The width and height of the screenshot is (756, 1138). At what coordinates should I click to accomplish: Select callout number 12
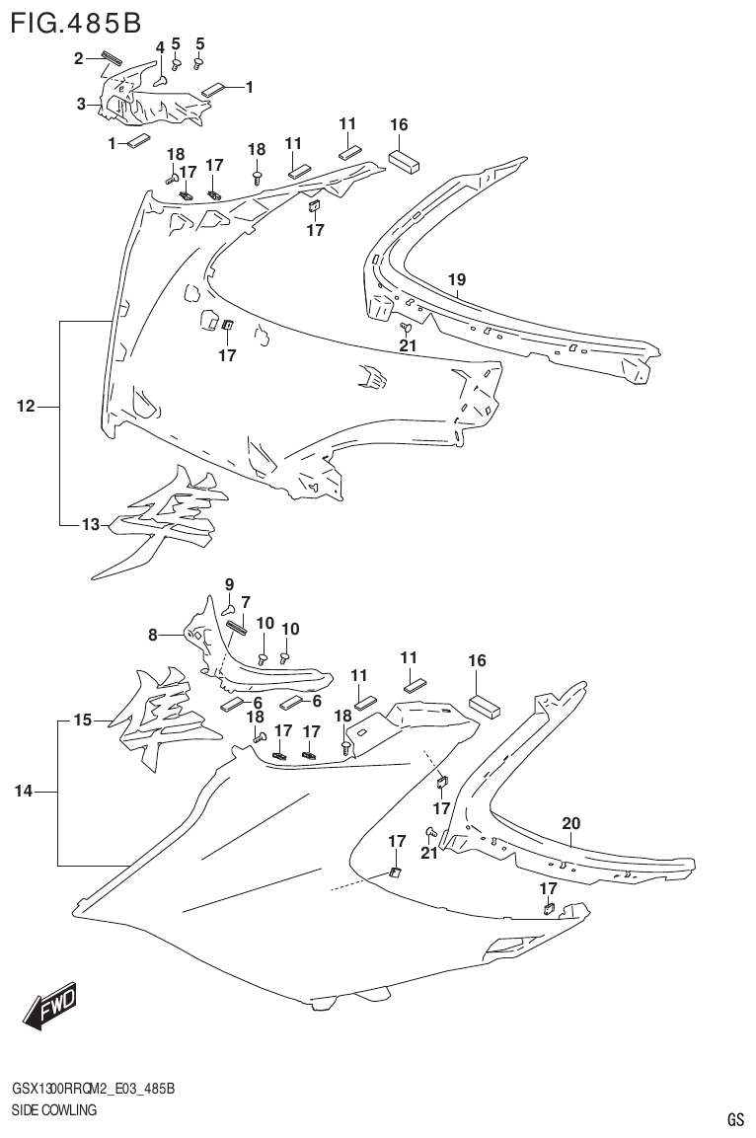[27, 406]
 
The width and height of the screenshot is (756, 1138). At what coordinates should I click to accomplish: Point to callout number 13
[91, 525]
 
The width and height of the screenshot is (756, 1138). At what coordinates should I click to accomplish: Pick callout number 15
[83, 721]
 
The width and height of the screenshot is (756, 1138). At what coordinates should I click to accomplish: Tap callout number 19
[456, 280]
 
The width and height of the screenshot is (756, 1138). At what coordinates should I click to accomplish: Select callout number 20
[570, 822]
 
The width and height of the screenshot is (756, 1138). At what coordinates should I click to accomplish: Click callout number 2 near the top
[79, 59]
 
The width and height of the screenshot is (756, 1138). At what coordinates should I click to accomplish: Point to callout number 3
[82, 103]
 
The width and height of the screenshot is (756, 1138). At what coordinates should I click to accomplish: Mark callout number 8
[153, 636]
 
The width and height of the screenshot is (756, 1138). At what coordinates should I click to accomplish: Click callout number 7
[245, 601]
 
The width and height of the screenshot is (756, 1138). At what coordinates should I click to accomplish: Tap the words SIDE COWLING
[53, 1110]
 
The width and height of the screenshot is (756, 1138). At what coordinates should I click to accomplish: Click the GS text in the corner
[735, 1119]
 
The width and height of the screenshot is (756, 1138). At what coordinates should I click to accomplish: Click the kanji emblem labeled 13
[163, 518]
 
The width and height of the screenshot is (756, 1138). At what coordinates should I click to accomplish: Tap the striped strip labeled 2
[110, 57]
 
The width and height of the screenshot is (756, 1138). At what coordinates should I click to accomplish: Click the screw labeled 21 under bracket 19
[405, 327]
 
